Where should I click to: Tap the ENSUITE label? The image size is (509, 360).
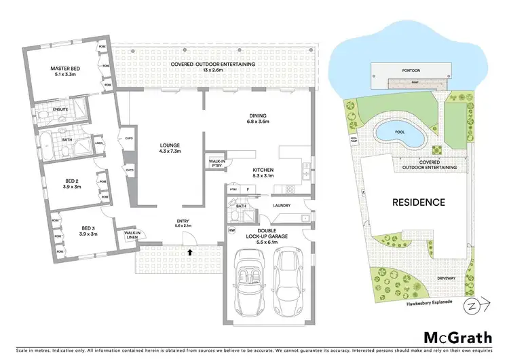pyautogui.click(x=47, y=108)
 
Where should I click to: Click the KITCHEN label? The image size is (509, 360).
pyautogui.click(x=263, y=172)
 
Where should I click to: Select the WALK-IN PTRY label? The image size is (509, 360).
pyautogui.click(x=217, y=163)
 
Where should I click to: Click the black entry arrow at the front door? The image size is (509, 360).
pyautogui.click(x=189, y=251)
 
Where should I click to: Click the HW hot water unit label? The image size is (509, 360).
pyautogui.click(x=231, y=230)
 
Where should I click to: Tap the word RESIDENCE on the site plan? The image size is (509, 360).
pyautogui.click(x=418, y=202)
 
